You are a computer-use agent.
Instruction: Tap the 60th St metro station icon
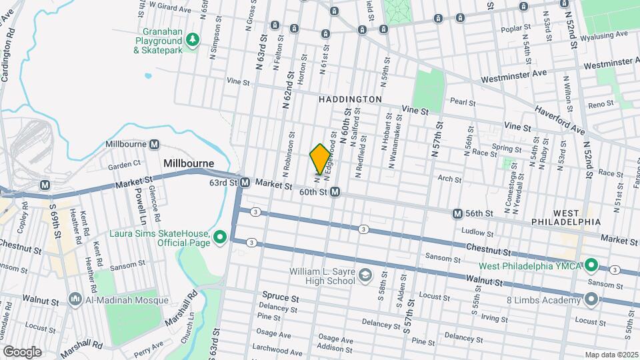335,192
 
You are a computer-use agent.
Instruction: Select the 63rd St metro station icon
245,183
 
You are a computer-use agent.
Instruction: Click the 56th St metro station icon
457,213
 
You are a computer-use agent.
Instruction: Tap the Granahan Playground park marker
193,41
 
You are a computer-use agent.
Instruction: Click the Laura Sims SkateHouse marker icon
219,237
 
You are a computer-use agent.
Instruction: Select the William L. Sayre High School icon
365,275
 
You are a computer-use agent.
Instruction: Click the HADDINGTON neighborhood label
350,99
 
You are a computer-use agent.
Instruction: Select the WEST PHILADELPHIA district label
566,221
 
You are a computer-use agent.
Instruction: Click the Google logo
22,351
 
